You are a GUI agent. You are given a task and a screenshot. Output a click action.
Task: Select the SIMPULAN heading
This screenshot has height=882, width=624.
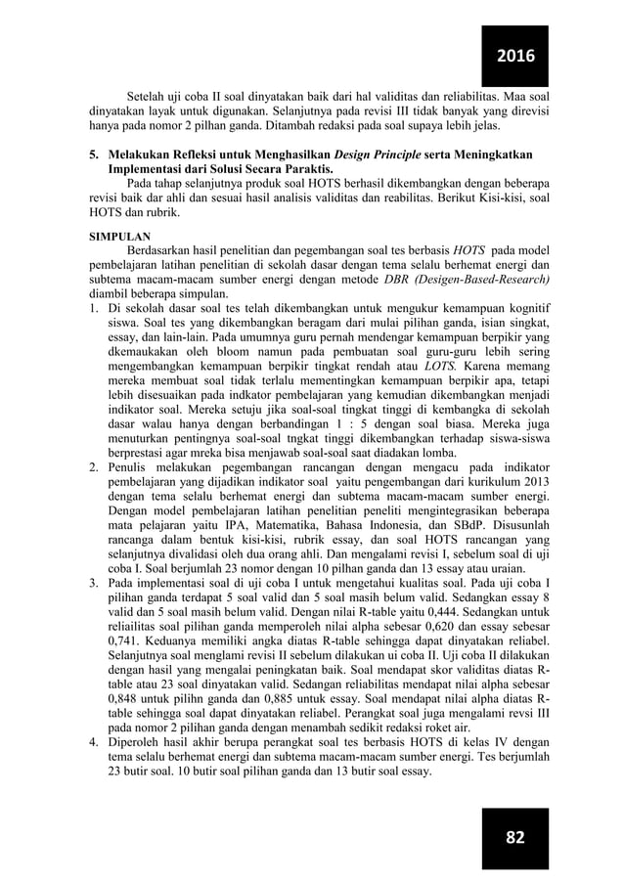(121, 237)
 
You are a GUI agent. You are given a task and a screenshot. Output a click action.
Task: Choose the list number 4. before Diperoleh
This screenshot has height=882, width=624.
(95, 741)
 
